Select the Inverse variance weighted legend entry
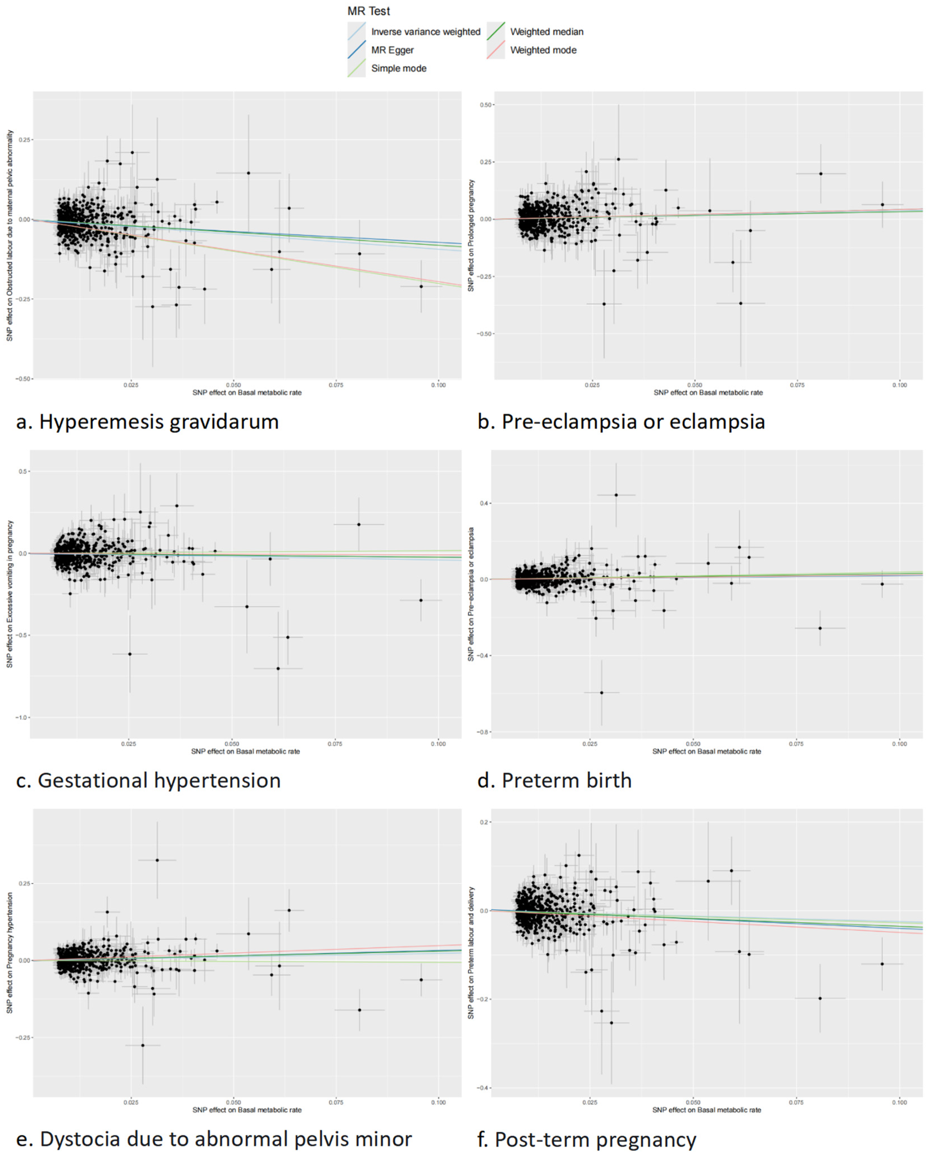425,32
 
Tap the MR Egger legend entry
392,50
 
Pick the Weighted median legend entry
546,32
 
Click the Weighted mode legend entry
543,50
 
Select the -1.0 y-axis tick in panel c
21,717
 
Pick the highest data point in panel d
616,495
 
